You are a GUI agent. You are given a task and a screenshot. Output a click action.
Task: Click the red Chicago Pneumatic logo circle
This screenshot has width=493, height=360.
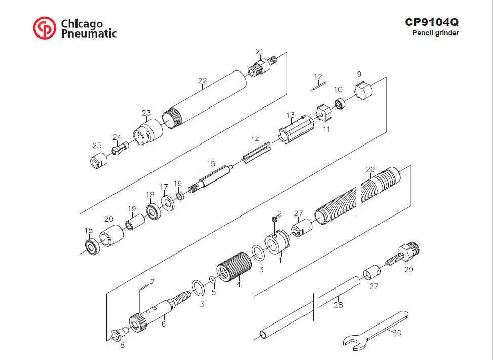[x=45, y=28]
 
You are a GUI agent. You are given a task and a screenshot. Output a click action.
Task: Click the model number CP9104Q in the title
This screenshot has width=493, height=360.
[x=432, y=22]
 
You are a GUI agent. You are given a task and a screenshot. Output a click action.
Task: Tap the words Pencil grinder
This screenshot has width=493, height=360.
[x=436, y=33]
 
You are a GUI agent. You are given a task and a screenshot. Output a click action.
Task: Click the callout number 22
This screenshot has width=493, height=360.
[x=203, y=81]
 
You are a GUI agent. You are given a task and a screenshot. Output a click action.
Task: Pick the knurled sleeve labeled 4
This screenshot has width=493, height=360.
[x=234, y=268]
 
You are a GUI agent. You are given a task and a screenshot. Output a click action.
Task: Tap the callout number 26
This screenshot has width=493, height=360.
[x=370, y=169]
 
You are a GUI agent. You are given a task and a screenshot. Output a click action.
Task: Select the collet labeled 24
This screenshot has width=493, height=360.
[x=120, y=148]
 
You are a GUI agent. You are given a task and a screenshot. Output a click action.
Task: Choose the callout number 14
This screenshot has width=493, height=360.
[x=255, y=140]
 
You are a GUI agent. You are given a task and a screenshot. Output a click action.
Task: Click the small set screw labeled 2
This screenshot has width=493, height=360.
[x=274, y=219]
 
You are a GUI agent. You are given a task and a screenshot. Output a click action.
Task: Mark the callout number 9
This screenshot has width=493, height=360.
[x=359, y=75]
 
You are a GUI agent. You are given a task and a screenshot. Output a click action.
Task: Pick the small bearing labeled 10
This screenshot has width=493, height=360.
[x=340, y=103]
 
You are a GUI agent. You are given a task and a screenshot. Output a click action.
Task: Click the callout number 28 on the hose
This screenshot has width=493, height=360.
[x=338, y=305]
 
